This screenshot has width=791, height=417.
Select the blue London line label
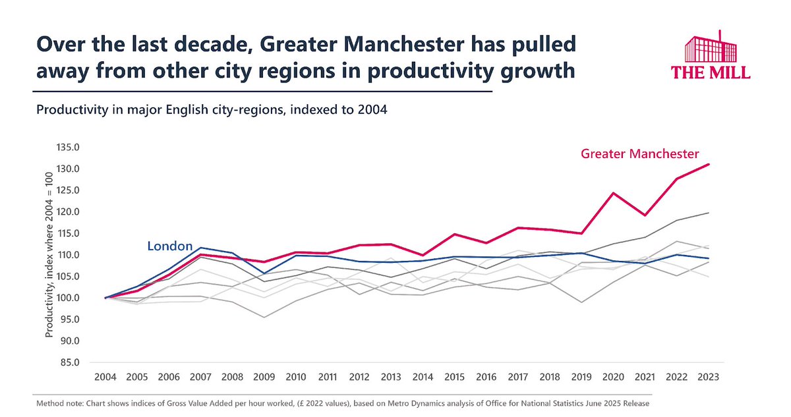click(x=169, y=246)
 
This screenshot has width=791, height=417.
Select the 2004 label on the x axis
click(x=105, y=377)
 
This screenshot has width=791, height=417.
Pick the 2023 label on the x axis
click(x=709, y=377)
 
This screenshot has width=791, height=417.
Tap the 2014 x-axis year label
click(x=423, y=377)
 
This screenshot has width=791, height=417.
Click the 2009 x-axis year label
click(x=264, y=377)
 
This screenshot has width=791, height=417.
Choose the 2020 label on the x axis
click(x=613, y=377)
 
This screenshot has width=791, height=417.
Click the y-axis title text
click(x=49, y=256)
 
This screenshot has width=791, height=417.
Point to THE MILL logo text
click(x=710, y=72)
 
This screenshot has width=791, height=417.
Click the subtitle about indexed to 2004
click(x=211, y=110)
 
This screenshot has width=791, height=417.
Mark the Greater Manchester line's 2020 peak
click(x=613, y=193)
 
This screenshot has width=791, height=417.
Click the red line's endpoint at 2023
click(x=709, y=164)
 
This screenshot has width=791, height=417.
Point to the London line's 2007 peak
click(x=201, y=248)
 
